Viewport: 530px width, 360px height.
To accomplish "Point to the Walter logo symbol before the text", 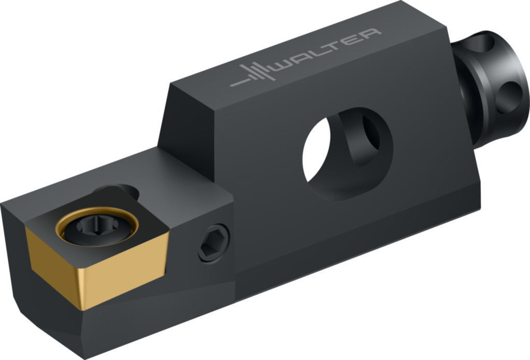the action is pos(253,75).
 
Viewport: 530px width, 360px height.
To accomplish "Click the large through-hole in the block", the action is pos(348,154).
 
